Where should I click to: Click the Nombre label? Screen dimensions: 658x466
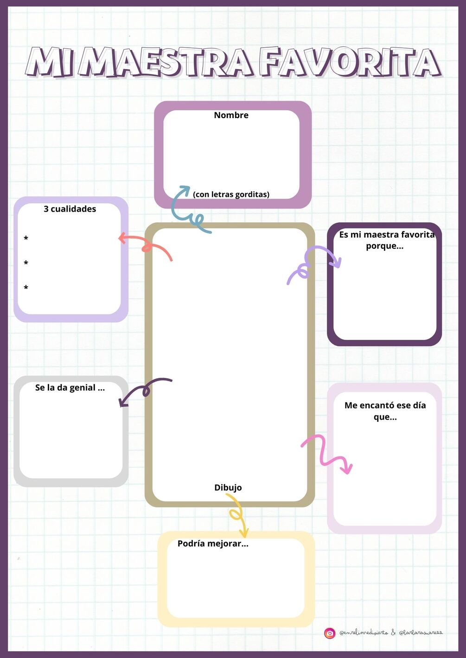231,115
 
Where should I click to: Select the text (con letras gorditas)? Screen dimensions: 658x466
231,194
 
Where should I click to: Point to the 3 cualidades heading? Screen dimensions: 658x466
70,209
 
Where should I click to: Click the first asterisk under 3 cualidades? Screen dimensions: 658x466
26,239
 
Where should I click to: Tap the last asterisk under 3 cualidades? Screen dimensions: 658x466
26,288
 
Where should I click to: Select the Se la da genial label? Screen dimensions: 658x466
70,388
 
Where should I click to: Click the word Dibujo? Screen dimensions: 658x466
228,488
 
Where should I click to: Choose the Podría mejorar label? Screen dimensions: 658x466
213,544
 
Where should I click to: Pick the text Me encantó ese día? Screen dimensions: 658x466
385,405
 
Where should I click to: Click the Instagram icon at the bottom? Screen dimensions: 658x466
330,633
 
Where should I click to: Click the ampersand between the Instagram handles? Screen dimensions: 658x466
393,633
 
